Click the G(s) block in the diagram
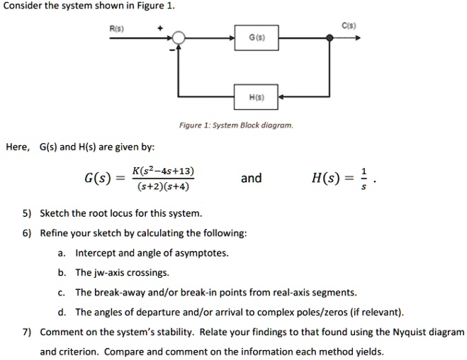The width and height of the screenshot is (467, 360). [x=257, y=37]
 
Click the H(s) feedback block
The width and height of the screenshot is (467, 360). [x=257, y=95]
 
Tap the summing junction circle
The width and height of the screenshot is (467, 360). [x=180, y=38]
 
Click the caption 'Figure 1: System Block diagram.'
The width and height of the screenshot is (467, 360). [x=235, y=125]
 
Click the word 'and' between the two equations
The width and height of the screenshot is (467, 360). [x=252, y=179]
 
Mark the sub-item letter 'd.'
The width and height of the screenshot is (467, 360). [x=62, y=312]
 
